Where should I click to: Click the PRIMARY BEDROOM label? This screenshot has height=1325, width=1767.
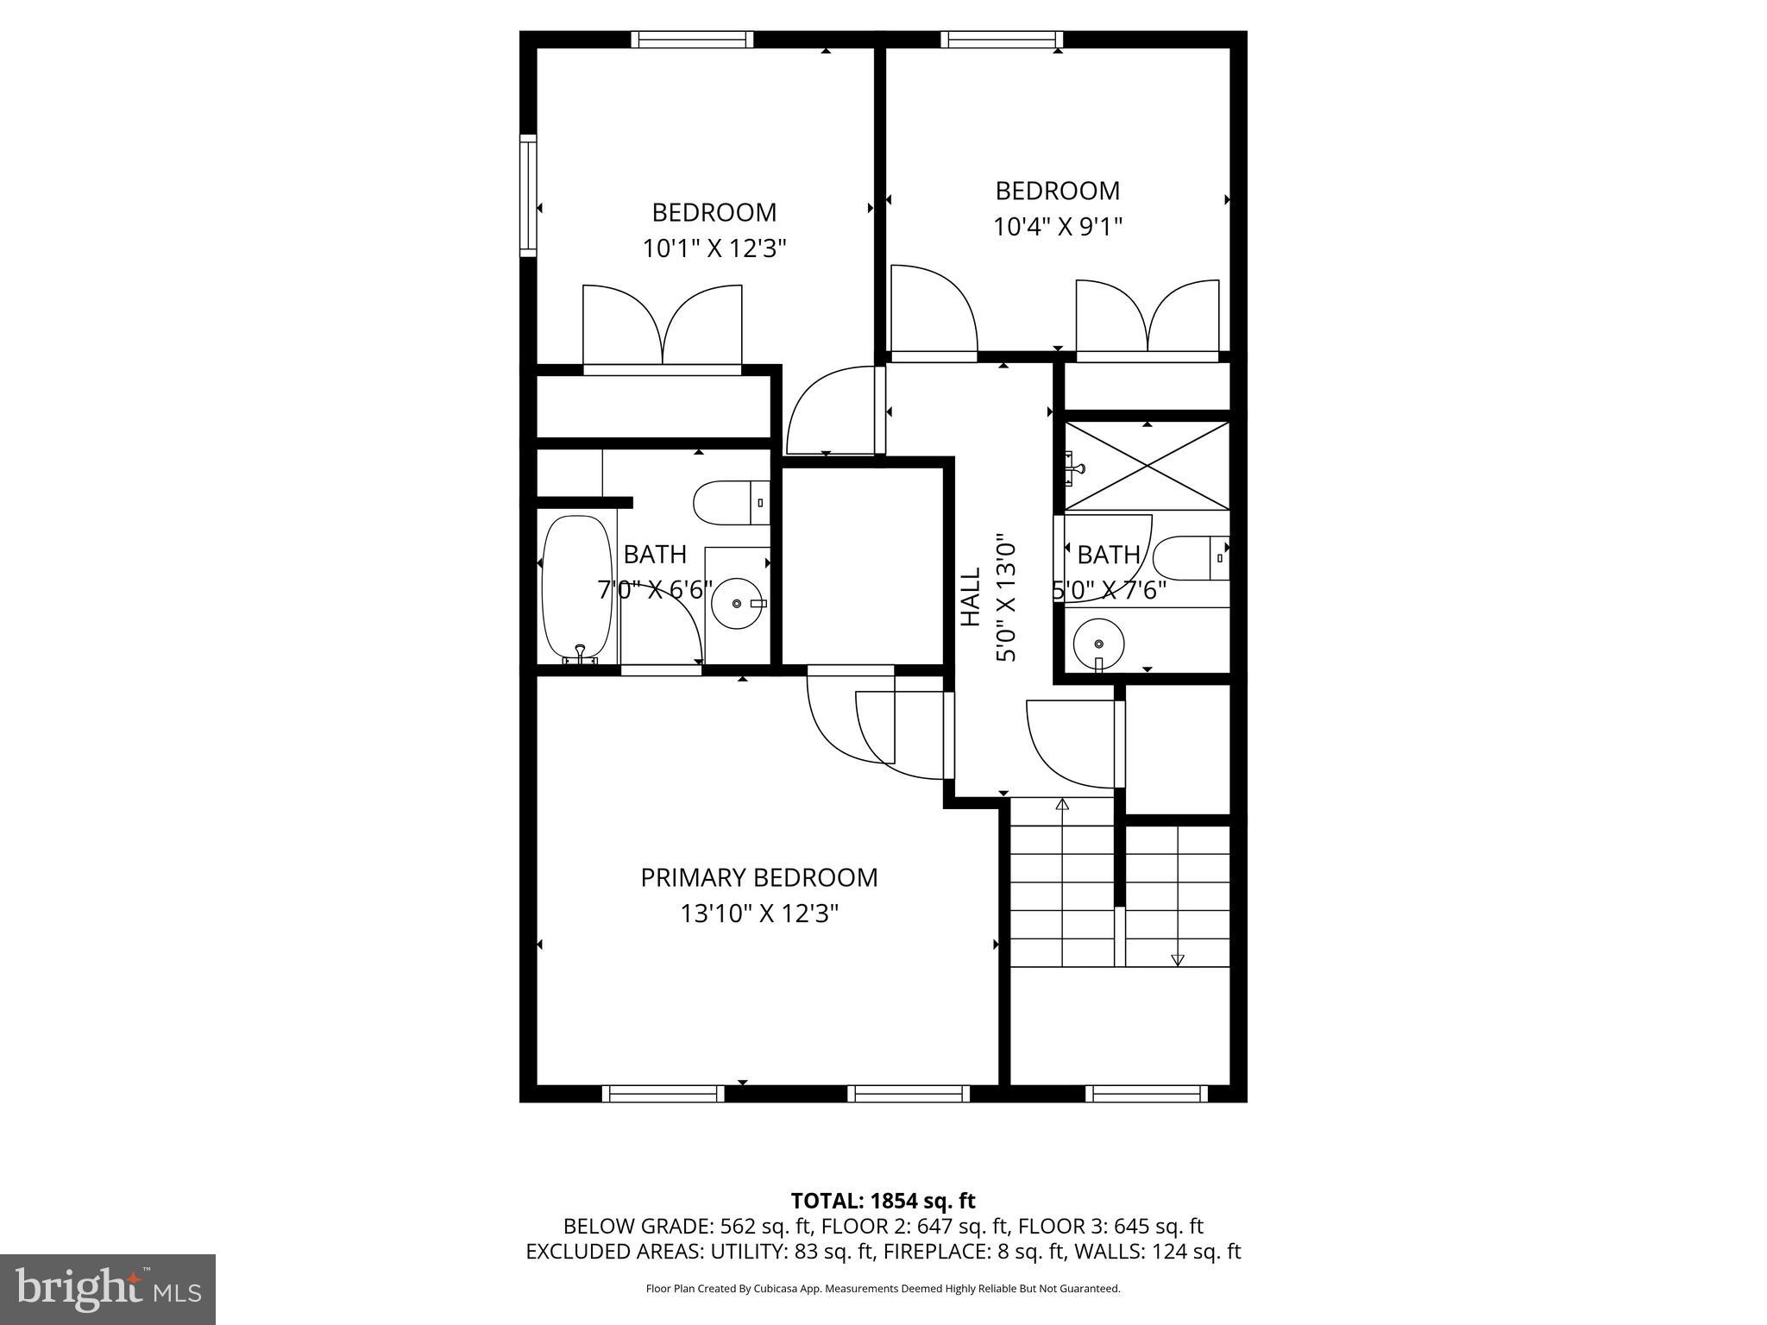click(x=758, y=877)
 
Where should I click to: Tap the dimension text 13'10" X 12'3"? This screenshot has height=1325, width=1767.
click(x=759, y=914)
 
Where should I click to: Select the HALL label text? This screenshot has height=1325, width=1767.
click(x=972, y=596)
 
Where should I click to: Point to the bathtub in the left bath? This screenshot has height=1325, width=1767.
click(x=577, y=588)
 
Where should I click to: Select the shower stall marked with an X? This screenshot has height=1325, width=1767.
click(x=1147, y=466)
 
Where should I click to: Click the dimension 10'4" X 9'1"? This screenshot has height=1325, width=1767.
click(x=1057, y=227)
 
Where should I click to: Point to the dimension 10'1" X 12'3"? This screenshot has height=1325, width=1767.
click(x=714, y=249)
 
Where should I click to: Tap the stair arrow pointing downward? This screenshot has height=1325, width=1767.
click(x=1178, y=959)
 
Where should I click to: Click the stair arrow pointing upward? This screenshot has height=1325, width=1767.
click(x=1062, y=806)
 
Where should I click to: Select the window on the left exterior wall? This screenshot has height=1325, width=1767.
click(x=527, y=195)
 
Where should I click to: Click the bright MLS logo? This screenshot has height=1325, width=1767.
click(x=107, y=1289)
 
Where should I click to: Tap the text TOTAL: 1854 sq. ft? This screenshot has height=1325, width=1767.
click(x=883, y=1201)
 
